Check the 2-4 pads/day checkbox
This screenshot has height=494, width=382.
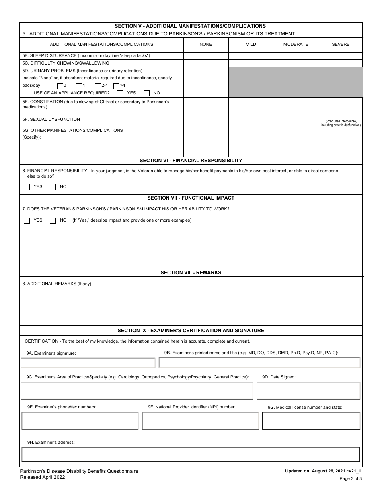click(98, 86)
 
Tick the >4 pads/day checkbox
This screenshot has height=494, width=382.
click(116, 86)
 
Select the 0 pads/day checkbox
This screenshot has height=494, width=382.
click(60, 86)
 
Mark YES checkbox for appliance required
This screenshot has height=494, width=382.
click(120, 93)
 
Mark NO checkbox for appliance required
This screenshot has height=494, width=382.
click(146, 93)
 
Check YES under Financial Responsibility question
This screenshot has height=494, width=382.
click(27, 187)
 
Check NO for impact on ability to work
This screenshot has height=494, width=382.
click(53, 220)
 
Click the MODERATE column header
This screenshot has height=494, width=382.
click(296, 45)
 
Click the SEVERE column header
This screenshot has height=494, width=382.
click(340, 45)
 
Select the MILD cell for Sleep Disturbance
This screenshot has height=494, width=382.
click(251, 56)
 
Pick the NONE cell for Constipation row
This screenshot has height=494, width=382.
click(206, 105)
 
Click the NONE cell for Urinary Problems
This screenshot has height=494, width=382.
click(206, 82)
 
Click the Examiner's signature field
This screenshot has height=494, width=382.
click(88, 363)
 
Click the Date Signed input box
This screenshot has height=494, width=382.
click(308, 391)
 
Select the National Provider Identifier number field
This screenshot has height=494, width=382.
click(200, 421)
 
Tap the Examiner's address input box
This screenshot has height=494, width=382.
click(191, 455)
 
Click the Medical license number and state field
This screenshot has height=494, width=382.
click(311, 421)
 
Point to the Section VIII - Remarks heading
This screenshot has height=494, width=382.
click(191, 273)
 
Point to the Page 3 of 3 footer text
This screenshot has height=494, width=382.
click(351, 478)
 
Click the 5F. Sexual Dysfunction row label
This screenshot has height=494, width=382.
click(51, 119)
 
